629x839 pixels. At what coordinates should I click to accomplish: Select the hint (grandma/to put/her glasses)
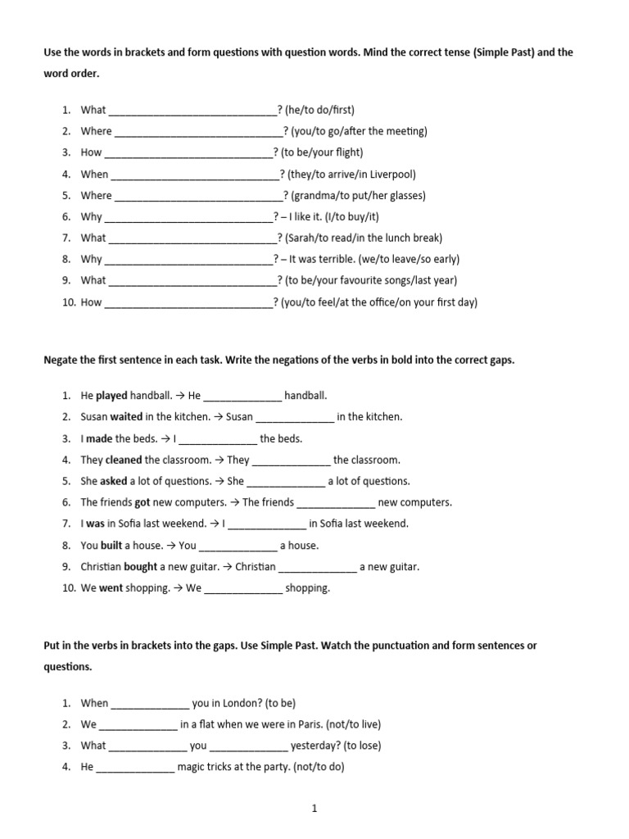coord(358,196)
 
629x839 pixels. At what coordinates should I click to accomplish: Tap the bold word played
coord(111,396)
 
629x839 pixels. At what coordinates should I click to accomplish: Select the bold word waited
coord(126,417)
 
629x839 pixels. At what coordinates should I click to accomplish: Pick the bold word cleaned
coord(123,460)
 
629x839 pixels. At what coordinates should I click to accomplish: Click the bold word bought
coord(140,567)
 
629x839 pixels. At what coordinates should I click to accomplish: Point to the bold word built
coord(111,546)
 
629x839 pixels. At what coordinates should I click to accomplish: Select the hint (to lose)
coord(361,746)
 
